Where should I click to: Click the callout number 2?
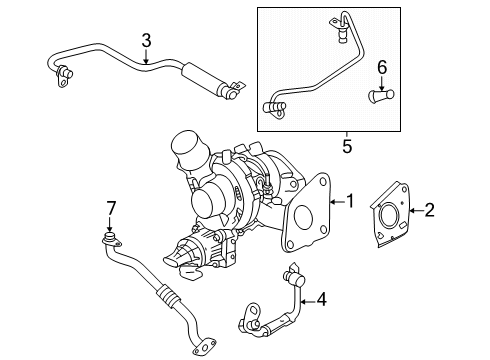click(x=429, y=210)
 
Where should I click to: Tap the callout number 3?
click(x=146, y=41)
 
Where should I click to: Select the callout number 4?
click(x=321, y=297)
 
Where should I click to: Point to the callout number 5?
click(x=348, y=145)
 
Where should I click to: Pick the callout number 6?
click(x=379, y=67)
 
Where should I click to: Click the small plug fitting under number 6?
click(x=378, y=97)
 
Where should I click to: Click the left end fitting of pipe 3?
click(x=63, y=70)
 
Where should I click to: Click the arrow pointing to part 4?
click(x=303, y=297)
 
